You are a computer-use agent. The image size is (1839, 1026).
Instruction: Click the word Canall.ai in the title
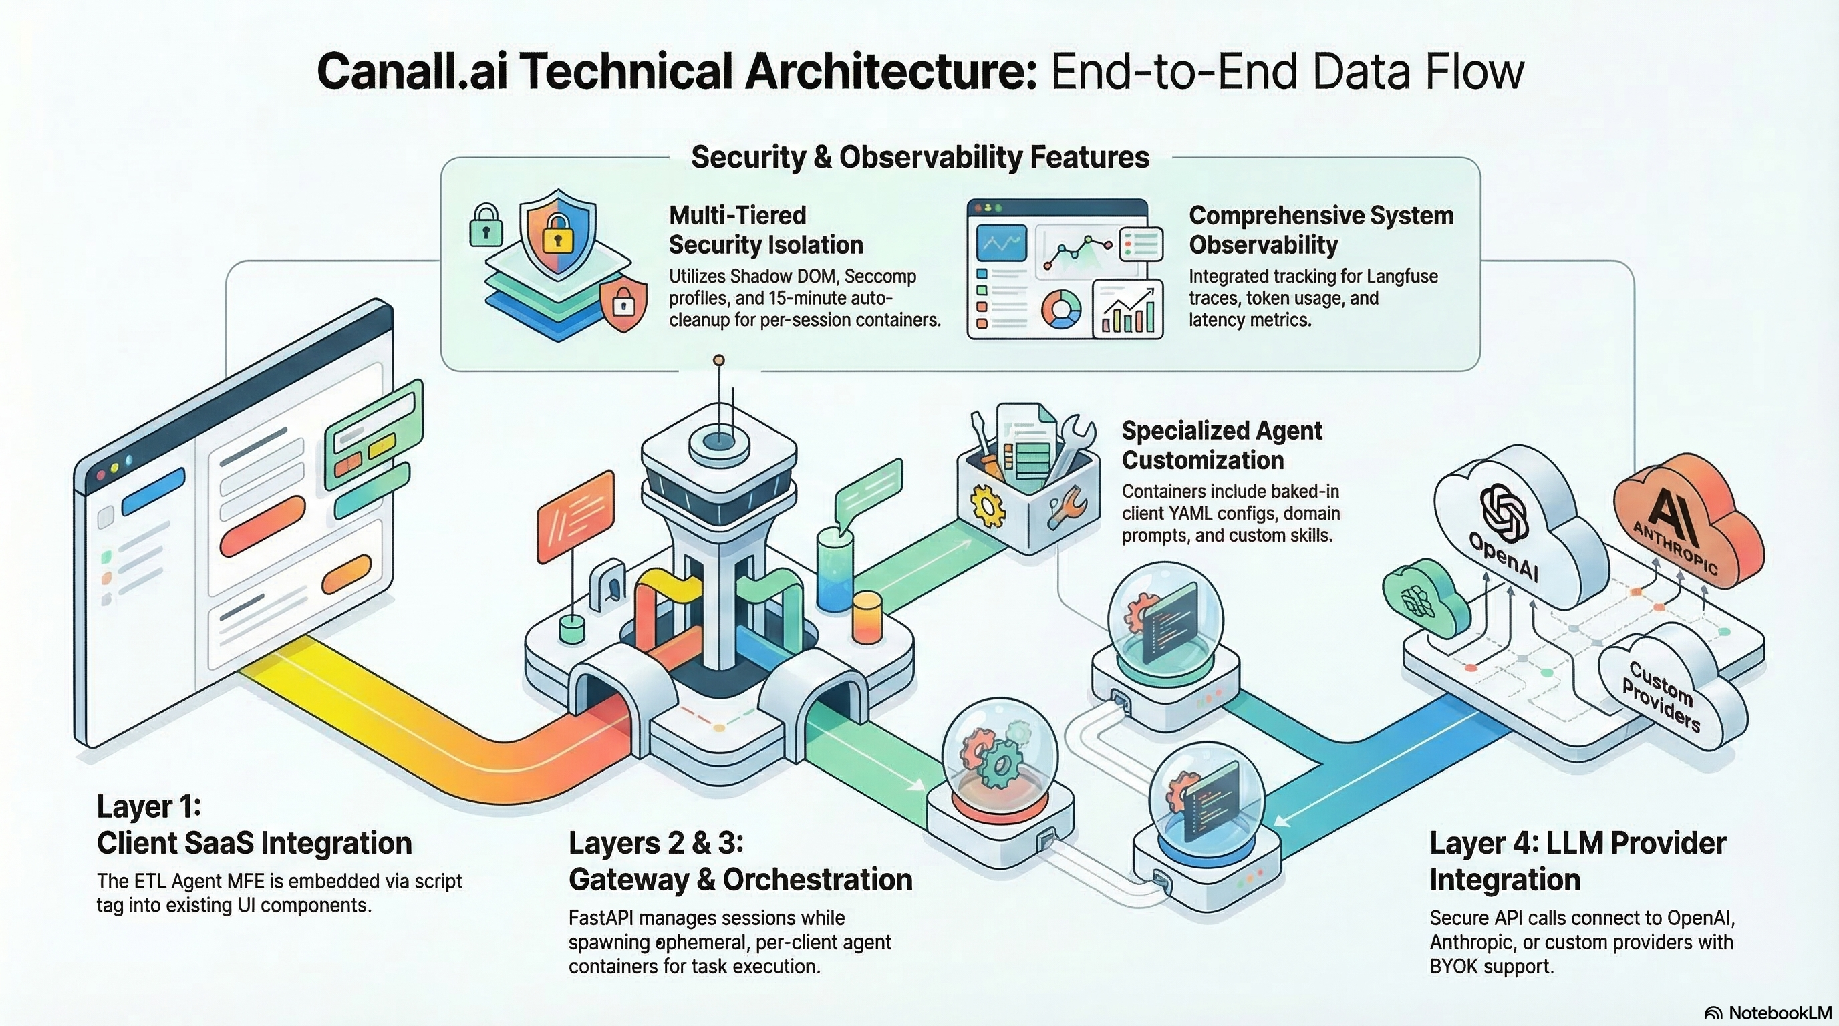click(412, 71)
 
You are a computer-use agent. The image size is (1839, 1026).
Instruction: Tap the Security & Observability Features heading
click(920, 157)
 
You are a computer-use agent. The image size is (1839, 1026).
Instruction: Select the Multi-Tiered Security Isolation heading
click(765, 230)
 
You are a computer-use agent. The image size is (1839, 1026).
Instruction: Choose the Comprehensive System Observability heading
click(1320, 230)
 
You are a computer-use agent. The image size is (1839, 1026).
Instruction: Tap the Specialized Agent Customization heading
click(1222, 446)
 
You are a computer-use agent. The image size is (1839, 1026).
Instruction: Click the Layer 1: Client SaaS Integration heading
click(254, 825)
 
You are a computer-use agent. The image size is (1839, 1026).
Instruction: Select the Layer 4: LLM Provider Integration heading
click(1577, 861)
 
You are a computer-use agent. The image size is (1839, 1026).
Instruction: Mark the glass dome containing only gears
click(999, 756)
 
